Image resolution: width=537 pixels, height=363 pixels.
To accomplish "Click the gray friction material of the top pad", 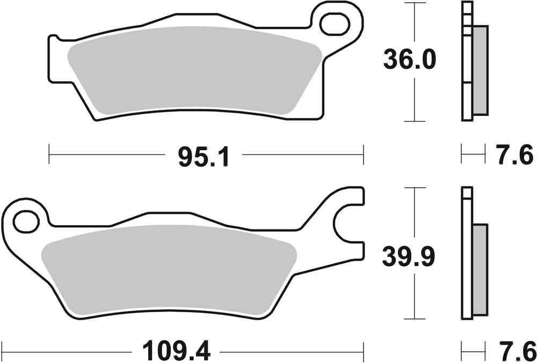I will [x=193, y=70].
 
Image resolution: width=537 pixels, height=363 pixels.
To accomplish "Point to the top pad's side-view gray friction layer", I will [x=481, y=70].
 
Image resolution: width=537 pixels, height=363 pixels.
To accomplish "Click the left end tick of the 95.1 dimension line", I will [x=49, y=154].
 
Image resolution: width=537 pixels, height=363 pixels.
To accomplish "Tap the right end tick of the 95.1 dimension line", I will [x=364, y=154].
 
